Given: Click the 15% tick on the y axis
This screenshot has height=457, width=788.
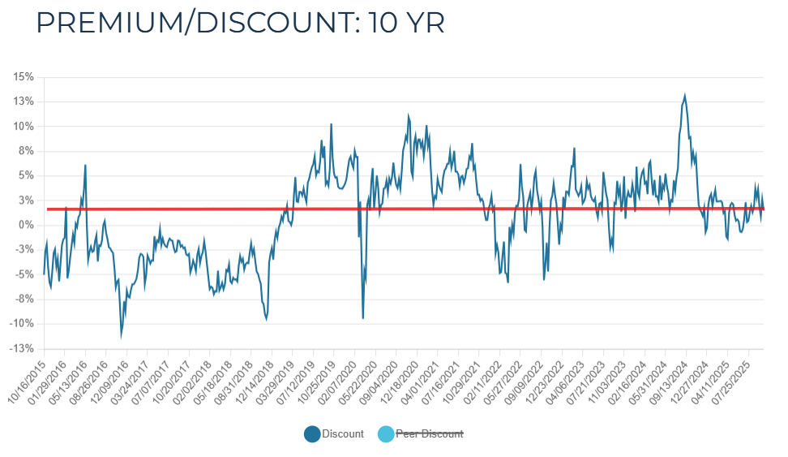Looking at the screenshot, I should click(23, 77).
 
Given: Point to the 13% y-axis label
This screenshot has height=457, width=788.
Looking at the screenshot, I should click(23, 101).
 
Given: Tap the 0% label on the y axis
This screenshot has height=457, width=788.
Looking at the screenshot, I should click(25, 225).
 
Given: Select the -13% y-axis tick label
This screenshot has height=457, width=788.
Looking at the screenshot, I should click(21, 349).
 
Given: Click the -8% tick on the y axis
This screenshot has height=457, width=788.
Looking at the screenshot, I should click(23, 300).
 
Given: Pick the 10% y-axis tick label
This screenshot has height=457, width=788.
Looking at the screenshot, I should click(23, 127).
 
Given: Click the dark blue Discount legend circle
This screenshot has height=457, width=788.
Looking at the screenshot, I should click(312, 434).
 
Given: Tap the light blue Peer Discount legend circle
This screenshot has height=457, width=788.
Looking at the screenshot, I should click(386, 434).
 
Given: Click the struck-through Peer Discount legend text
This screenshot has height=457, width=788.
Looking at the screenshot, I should click(429, 434).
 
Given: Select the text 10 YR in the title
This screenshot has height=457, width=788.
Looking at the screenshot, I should click(406, 23).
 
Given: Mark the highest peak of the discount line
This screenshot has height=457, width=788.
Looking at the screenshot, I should click(685, 95).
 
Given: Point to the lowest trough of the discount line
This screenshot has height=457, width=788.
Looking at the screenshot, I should click(122, 337).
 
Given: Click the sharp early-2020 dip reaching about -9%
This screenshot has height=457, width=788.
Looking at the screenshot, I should click(362, 317).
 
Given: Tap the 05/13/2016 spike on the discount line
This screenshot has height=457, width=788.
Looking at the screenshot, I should click(85, 166).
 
